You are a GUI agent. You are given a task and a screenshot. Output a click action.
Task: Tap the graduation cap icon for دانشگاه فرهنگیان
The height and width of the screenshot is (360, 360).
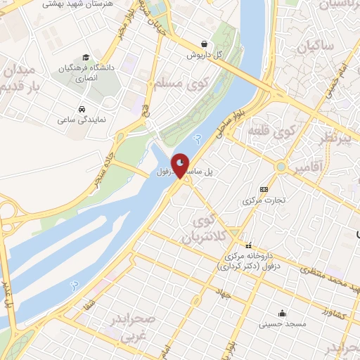point(85,57)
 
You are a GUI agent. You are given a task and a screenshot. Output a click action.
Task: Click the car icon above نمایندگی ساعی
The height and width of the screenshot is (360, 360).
point(82,110)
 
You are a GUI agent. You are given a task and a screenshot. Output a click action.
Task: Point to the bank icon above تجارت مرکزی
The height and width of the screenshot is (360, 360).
point(264,189)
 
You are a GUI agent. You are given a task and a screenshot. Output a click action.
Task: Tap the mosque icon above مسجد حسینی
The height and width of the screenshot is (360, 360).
point(282,314)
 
